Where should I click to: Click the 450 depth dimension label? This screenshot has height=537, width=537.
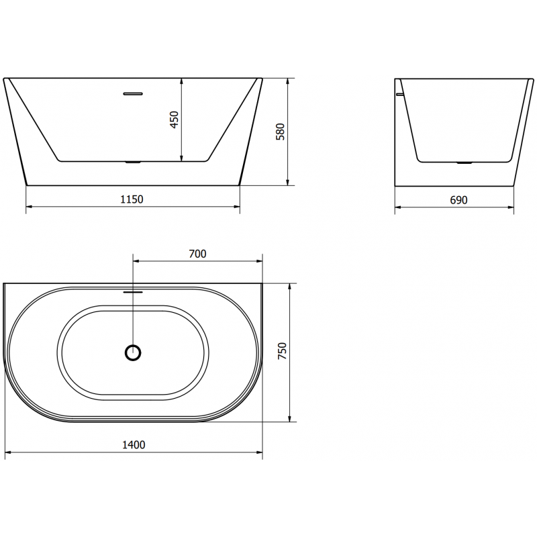pos(175,119)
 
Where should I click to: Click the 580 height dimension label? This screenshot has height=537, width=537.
pos(281,131)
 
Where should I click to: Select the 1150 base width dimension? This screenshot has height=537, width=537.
pos(132,199)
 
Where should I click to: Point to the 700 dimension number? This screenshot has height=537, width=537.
pos(197,253)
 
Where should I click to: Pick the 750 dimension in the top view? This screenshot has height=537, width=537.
pos(283,352)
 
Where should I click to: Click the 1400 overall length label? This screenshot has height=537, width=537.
pos(134,444)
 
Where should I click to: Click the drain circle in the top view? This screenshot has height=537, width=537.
pos(134,352)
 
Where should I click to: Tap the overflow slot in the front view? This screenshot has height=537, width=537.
pos(134,93)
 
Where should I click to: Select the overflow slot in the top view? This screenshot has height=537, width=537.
pos(134,292)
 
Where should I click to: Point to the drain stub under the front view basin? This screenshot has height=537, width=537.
pos(134,162)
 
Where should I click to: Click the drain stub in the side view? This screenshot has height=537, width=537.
pos(464,162)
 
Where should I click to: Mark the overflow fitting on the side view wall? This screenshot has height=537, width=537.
pos(400,95)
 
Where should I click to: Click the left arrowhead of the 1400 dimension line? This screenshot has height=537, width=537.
pos(7,454)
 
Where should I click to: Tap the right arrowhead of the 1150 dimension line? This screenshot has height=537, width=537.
pos(237,208)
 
